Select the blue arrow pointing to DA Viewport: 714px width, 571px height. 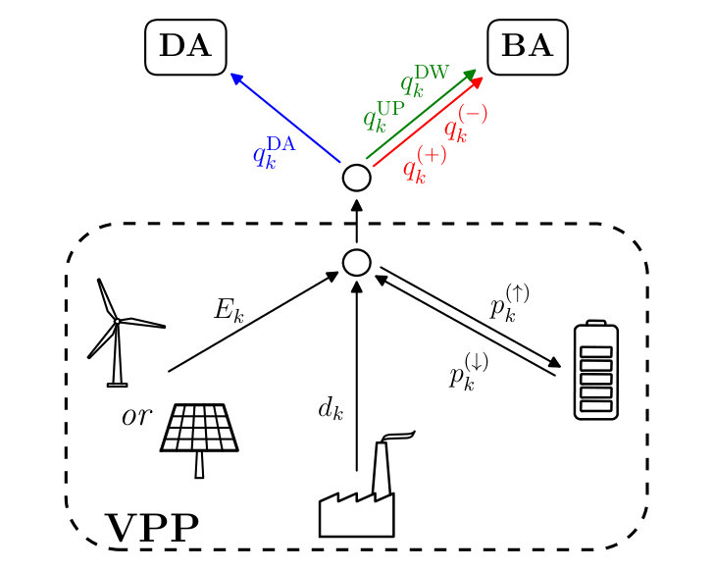285,118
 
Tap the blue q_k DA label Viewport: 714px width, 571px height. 275,152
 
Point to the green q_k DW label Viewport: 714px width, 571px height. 425,80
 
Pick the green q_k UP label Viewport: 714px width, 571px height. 383,116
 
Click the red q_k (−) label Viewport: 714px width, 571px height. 465,124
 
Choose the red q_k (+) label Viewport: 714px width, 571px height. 425,165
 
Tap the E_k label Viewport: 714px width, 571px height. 229,311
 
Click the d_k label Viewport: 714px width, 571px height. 331,408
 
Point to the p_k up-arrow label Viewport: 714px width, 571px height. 509,303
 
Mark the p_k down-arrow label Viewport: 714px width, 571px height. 469,372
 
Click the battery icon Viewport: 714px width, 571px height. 596,370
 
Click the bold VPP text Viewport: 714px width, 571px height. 153,528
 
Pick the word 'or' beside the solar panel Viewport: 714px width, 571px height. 136,416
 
